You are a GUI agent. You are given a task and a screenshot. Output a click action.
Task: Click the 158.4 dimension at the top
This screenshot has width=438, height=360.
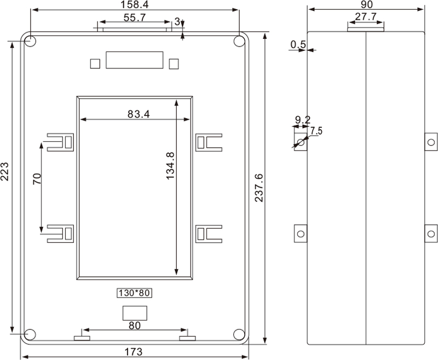[x=134, y=4]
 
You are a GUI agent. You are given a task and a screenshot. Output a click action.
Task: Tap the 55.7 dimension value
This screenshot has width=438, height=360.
[x=135, y=18]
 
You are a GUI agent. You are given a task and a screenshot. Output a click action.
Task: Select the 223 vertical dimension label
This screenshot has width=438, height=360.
[x=5, y=171]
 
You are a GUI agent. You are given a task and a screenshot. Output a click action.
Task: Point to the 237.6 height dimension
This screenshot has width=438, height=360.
[x=259, y=188]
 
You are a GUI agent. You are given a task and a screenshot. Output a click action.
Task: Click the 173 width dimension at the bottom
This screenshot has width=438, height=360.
[x=133, y=352]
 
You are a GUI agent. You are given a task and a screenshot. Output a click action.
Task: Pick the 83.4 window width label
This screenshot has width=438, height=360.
[x=139, y=114]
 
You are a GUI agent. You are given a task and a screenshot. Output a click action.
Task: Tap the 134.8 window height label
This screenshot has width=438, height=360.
[x=170, y=166]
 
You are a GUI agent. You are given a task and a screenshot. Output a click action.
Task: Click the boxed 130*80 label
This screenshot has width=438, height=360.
[x=134, y=293]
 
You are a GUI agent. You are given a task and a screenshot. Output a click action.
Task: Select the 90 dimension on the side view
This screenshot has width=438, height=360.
[x=366, y=4]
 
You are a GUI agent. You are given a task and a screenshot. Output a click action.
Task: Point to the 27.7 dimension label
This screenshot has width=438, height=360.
[x=366, y=16]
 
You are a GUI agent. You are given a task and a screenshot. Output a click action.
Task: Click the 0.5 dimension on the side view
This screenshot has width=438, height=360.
[x=298, y=44]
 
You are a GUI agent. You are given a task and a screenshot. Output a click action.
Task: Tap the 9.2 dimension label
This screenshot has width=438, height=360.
[x=303, y=120]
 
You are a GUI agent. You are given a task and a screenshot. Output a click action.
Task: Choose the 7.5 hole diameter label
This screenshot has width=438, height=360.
[x=316, y=131]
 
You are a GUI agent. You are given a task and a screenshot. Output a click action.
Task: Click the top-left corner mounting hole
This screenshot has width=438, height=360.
[x=30, y=41]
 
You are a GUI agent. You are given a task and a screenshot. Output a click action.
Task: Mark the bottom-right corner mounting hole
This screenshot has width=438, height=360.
[x=239, y=335]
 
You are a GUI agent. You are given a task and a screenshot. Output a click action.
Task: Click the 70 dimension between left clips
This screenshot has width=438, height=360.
[x=37, y=179]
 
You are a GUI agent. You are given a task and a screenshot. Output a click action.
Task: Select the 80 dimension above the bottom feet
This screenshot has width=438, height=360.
[x=134, y=326]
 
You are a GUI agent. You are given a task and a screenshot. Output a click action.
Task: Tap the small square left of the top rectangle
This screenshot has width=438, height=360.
[x=95, y=63]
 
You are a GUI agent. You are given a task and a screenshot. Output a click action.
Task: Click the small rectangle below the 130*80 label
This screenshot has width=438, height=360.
[x=135, y=313]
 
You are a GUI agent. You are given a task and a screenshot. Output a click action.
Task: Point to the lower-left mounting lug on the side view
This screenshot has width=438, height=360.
[x=301, y=233]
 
